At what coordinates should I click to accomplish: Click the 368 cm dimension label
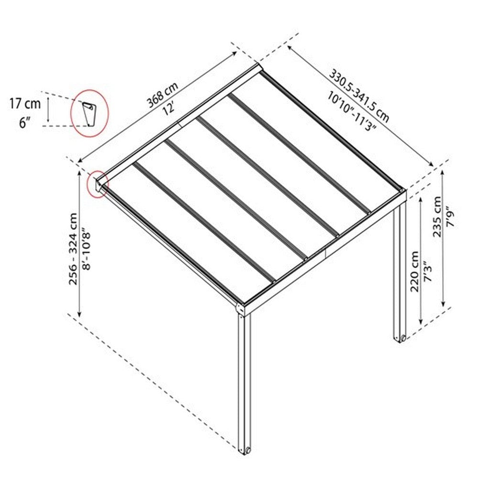(163, 95)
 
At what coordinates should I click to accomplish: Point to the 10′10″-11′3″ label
(351, 111)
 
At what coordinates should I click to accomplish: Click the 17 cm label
(25, 104)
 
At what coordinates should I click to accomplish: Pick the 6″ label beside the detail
(25, 123)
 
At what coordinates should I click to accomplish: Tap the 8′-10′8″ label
(86, 248)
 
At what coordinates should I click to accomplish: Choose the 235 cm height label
(437, 217)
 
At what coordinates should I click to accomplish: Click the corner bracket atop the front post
(240, 309)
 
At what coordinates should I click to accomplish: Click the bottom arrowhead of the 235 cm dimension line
(443, 303)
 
